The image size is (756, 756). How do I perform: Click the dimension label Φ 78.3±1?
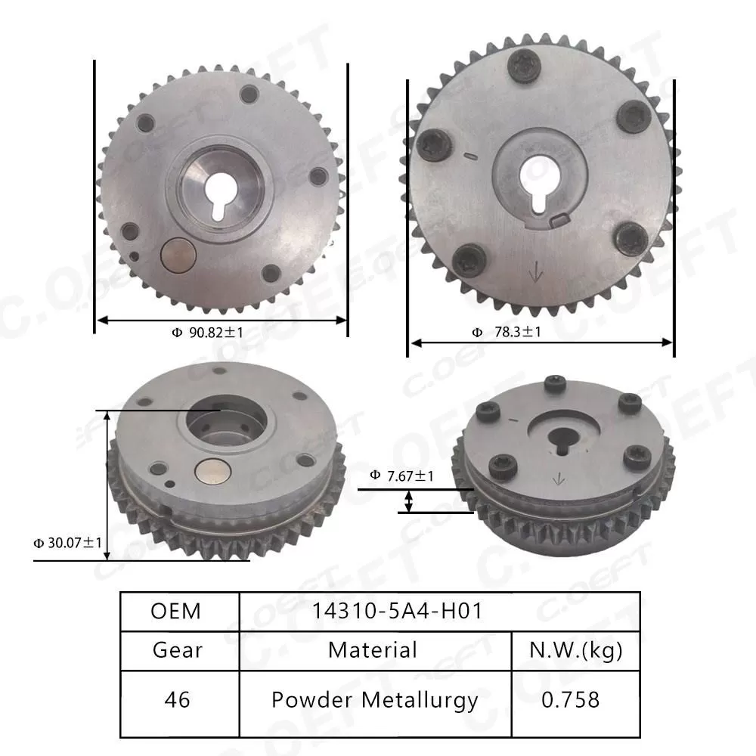pos(507,332)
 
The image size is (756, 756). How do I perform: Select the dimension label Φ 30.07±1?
pos(67,543)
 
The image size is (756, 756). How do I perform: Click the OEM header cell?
pos(176,611)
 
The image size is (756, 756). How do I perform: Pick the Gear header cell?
pos(178,649)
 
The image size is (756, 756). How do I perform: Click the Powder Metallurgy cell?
pos(375,700)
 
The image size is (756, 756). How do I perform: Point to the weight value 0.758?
pos(571,700)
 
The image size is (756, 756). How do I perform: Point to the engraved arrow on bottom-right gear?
pos(559,478)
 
